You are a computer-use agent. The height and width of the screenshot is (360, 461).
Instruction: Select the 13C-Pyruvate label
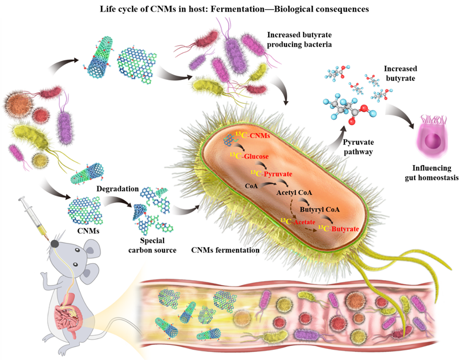[271, 174]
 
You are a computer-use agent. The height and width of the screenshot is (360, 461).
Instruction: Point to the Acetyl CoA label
[294, 192]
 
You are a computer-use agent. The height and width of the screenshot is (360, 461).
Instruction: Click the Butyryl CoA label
[320, 209]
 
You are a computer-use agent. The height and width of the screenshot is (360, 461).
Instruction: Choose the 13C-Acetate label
[297, 222]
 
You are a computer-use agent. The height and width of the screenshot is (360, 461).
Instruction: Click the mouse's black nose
[54, 243]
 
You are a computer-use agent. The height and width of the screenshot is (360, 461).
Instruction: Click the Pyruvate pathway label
[358, 147]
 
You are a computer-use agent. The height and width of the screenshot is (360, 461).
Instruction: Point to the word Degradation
[118, 189]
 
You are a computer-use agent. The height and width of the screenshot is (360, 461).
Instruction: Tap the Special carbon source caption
[152, 245]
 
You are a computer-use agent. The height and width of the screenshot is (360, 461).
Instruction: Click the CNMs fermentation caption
[225, 250]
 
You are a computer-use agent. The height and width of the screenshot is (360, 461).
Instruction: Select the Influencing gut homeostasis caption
[432, 173]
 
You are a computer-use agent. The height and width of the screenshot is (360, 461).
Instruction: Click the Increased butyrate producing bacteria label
[300, 39]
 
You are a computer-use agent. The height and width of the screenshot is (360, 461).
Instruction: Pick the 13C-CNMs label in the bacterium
[253, 135]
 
